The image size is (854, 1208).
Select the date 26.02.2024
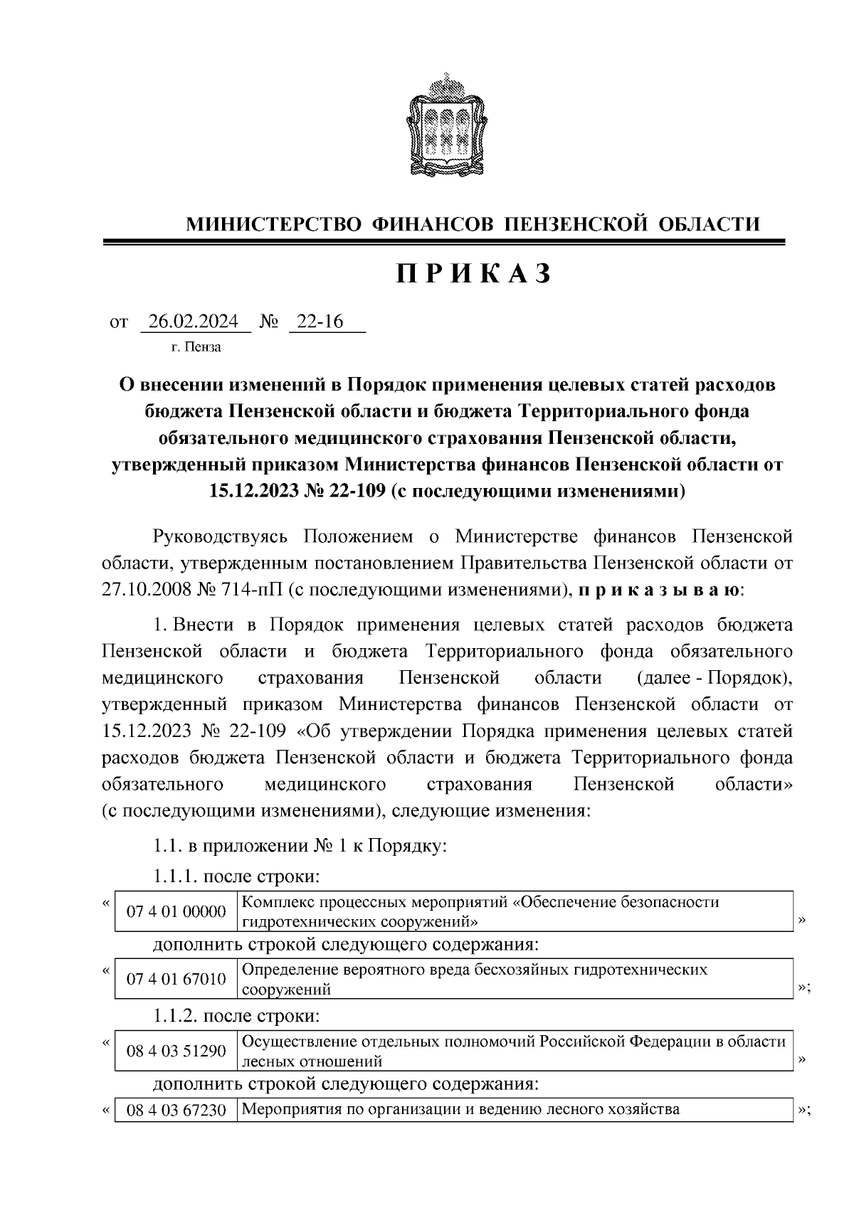[x=194, y=322]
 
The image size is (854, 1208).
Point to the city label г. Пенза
[x=196, y=347]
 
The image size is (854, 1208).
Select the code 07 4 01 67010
[x=176, y=980]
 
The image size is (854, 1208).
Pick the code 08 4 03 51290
[x=176, y=1050]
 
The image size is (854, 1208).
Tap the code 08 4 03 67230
[x=176, y=1110]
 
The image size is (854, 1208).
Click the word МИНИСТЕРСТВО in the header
[x=274, y=225]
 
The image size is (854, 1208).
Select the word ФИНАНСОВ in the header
[x=433, y=225]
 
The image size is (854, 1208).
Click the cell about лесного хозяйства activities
[x=461, y=1110]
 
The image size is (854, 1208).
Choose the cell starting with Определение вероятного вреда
[x=475, y=980]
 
